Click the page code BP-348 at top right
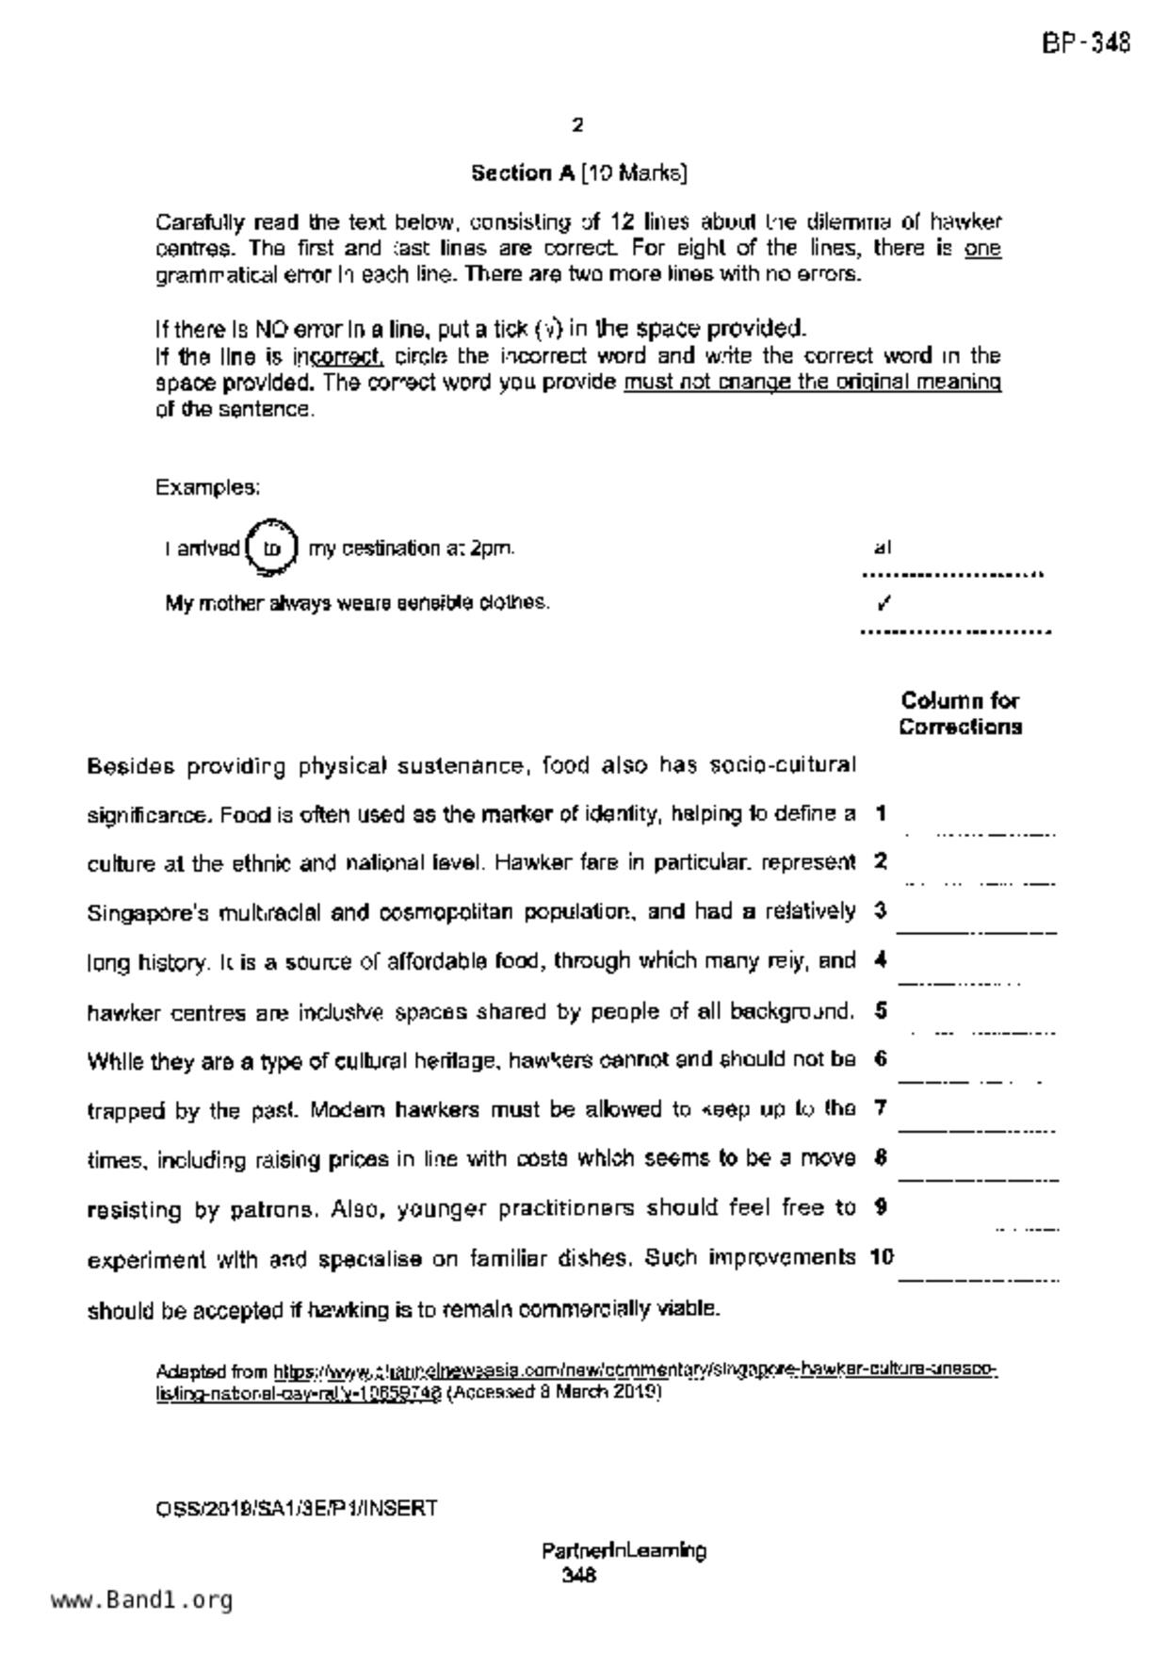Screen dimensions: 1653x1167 pyautogui.click(x=1085, y=43)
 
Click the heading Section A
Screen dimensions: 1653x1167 pyautogui.click(x=523, y=173)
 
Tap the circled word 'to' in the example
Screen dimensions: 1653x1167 pyautogui.click(x=271, y=548)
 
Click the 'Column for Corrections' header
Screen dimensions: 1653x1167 pyautogui.click(x=960, y=713)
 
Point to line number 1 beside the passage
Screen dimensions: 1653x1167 pyautogui.click(x=881, y=813)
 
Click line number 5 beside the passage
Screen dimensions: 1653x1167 pyautogui.click(x=881, y=1010)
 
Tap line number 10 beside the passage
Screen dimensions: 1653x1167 pyautogui.click(x=882, y=1257)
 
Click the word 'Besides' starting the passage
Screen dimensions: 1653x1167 pyautogui.click(x=131, y=766)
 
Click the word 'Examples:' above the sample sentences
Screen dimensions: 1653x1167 pyautogui.click(x=207, y=488)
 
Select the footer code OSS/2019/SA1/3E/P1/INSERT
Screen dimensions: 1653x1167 pyautogui.click(x=296, y=1509)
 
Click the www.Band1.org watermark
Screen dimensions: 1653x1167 pyautogui.click(x=141, y=1599)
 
